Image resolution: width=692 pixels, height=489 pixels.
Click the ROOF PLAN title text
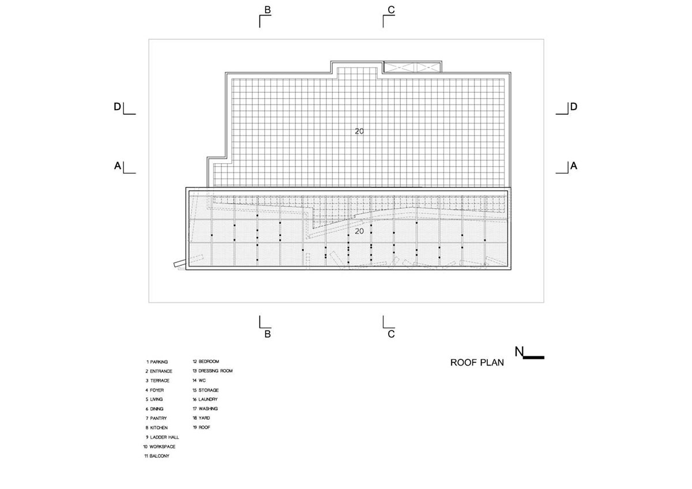point(477,363)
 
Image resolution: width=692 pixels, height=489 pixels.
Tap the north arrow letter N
point(519,352)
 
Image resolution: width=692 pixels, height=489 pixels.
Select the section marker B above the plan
point(268,10)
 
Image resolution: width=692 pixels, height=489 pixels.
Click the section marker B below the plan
point(268,334)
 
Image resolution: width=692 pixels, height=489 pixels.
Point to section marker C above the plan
point(391,10)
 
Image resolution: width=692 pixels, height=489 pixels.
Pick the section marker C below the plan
point(391,334)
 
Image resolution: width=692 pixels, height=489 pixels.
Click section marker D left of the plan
point(118,107)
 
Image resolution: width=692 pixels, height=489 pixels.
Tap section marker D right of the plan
point(574,107)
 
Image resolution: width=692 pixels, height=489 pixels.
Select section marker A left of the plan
point(118,166)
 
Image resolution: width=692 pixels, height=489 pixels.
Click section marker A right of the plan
point(574,166)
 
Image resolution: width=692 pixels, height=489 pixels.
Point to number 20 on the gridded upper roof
point(359,131)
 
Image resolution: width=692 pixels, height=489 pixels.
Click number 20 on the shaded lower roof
point(359,231)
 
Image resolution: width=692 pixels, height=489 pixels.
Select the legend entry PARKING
point(157,362)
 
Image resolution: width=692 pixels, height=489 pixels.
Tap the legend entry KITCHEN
point(157,428)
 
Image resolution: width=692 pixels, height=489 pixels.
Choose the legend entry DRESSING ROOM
point(213,371)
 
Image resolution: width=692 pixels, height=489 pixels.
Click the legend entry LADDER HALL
point(163,437)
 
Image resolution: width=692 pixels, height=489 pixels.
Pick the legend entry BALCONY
point(157,456)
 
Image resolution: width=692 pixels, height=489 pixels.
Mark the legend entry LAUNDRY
point(205,400)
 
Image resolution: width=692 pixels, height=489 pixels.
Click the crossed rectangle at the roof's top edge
point(412,67)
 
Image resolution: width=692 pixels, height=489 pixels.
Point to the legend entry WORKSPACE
point(159,447)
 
